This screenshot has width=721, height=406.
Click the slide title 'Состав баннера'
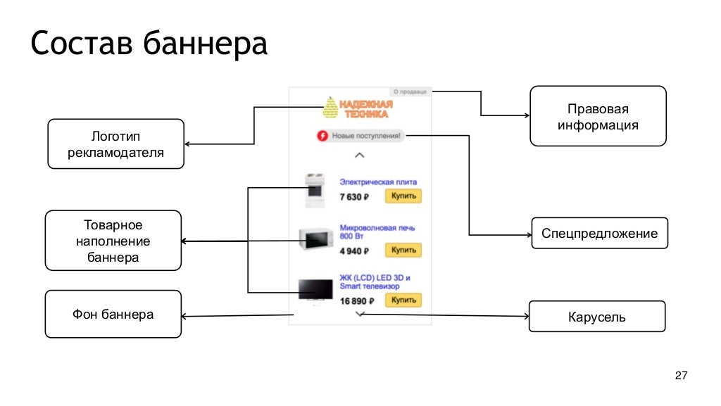pyautogui.click(x=149, y=44)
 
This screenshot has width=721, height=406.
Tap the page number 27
pyautogui.click(x=680, y=376)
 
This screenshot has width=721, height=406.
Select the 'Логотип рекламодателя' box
pyautogui.click(x=115, y=144)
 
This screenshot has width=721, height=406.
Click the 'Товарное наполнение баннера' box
pyautogui.click(x=113, y=241)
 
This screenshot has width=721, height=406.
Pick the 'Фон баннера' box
pyautogui.click(x=113, y=314)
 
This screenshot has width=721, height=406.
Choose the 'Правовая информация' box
pyautogui.click(x=598, y=116)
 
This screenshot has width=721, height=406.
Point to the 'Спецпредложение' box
pyautogui.click(x=599, y=234)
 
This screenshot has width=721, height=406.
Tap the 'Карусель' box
pyautogui.click(x=596, y=317)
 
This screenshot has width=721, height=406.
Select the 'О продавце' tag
pyautogui.click(x=410, y=91)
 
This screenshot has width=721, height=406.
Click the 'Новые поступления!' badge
pyautogui.click(x=360, y=135)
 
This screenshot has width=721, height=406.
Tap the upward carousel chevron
pyautogui.click(x=360, y=154)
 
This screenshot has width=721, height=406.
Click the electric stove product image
pyautogui.click(x=313, y=191)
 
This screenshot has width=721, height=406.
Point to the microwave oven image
pyautogui.click(x=315, y=239)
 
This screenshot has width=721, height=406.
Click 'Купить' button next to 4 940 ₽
pyautogui.click(x=403, y=250)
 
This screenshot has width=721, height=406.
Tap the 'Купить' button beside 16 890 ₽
pyautogui.click(x=403, y=300)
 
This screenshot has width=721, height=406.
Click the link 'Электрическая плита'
pyautogui.click(x=378, y=182)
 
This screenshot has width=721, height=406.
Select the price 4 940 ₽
pyautogui.click(x=355, y=250)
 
